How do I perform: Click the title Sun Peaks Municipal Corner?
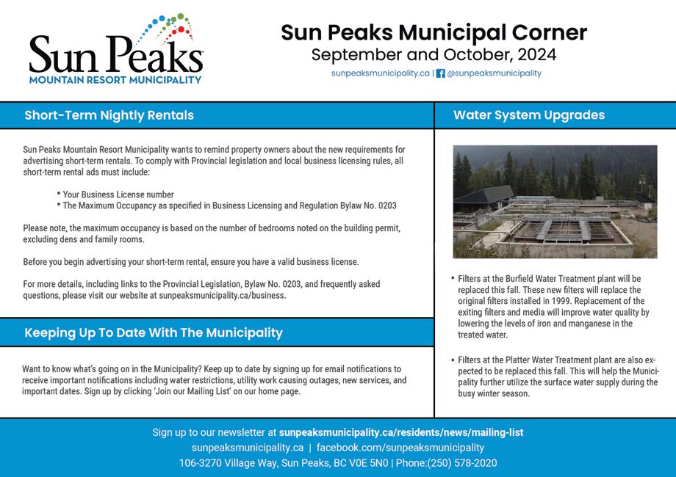[434, 32]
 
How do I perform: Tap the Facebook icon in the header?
[441, 73]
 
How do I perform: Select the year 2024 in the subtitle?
[536, 54]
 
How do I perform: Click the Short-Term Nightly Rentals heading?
[109, 115]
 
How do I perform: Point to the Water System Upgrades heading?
[529, 115]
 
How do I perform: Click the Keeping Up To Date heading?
[153, 332]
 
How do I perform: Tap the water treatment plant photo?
[555, 201]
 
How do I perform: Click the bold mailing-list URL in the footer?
[400, 433]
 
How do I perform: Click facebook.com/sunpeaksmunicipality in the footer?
[400, 448]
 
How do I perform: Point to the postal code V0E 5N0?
[365, 463]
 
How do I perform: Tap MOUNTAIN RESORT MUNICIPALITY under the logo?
[115, 79]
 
